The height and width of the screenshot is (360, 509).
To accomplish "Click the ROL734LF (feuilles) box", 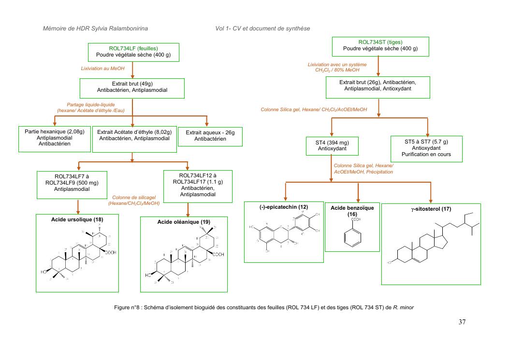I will pos(133,52).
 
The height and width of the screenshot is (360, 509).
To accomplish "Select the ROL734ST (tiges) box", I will pos(380,45).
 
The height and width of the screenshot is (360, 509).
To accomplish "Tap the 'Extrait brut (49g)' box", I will pos(132,87).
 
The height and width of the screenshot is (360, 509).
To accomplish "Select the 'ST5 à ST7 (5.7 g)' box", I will pos(426,148).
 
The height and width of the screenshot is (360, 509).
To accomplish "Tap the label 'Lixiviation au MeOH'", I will pos(102,69).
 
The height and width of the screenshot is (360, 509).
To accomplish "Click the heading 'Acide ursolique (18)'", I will pos(77,219).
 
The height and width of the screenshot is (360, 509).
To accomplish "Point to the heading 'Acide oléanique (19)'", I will pos(183,222).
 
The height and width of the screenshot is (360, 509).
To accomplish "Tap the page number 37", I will pos(462,322).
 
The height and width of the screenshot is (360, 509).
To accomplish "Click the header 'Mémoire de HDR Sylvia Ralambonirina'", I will pos(95,29).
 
